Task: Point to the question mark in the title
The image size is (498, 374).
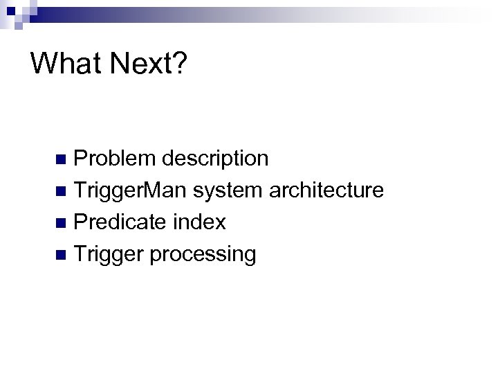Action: (x=178, y=64)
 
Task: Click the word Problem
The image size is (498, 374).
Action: (x=115, y=159)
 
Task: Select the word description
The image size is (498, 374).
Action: (x=215, y=159)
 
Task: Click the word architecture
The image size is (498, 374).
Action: (x=326, y=190)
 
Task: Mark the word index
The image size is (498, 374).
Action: (x=200, y=222)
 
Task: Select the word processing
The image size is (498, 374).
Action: (x=203, y=254)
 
